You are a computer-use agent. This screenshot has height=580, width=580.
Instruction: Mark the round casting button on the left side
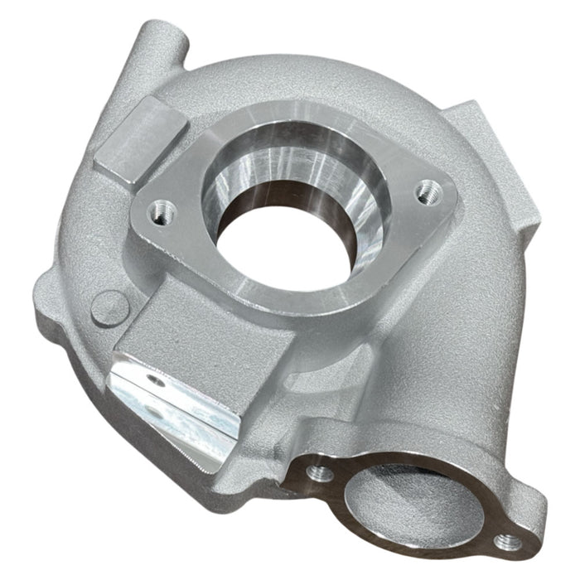pyautogui.click(x=103, y=308)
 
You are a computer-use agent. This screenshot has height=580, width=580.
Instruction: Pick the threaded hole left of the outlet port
pyautogui.click(x=317, y=473)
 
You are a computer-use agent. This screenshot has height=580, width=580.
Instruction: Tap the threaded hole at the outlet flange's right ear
pyautogui.click(x=507, y=543)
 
